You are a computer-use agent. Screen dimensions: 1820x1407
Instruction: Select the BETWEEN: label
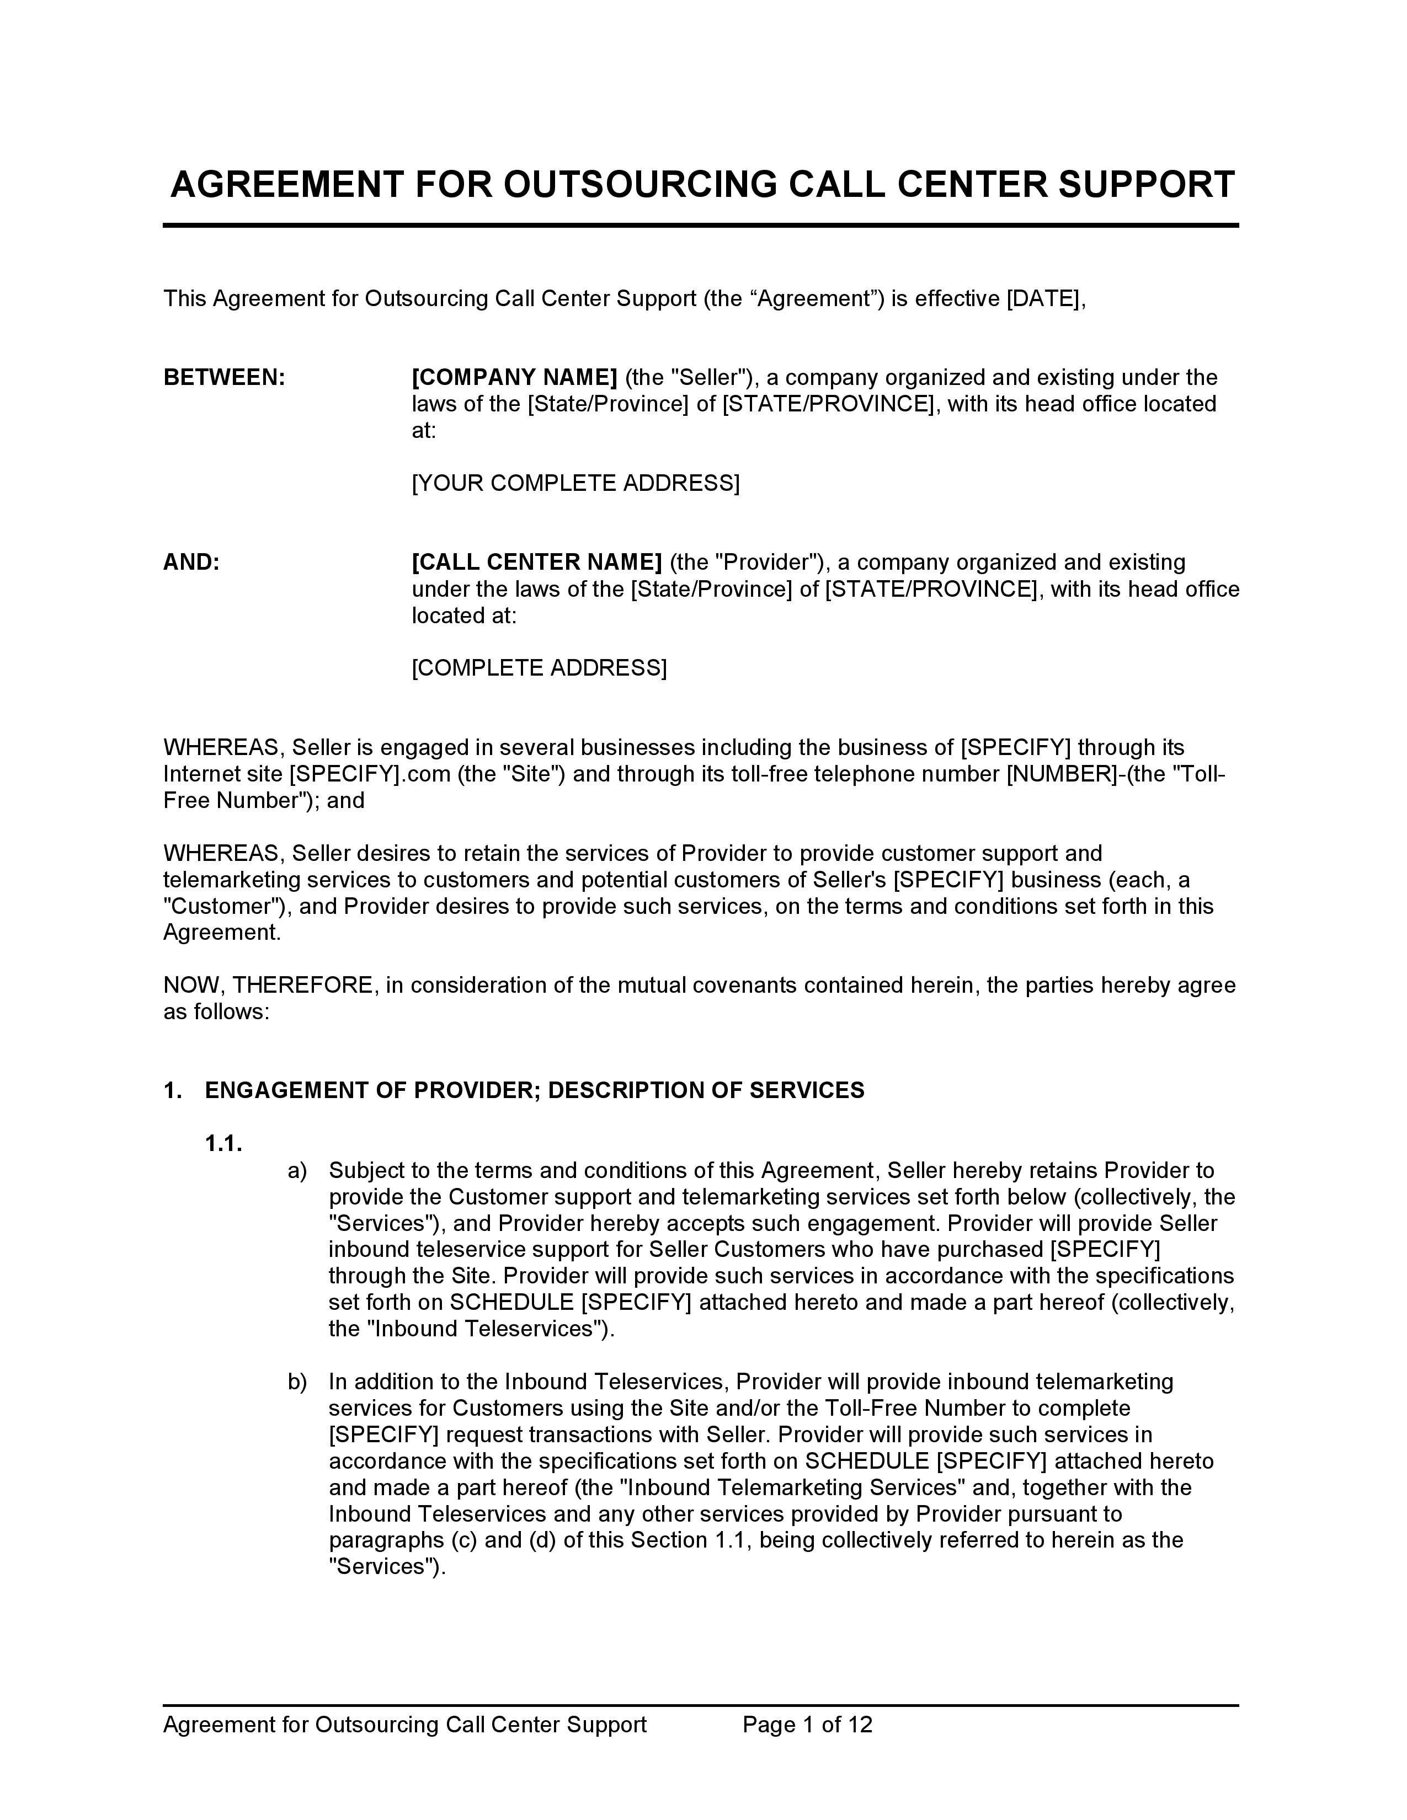tap(224, 377)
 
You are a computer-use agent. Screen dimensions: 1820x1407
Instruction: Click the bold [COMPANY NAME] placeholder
tap(514, 377)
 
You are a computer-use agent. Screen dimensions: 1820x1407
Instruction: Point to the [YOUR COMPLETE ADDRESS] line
tap(575, 483)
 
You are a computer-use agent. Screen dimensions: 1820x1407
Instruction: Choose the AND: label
tap(191, 563)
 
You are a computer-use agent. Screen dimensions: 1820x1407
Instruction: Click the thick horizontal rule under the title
tap(700, 225)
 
